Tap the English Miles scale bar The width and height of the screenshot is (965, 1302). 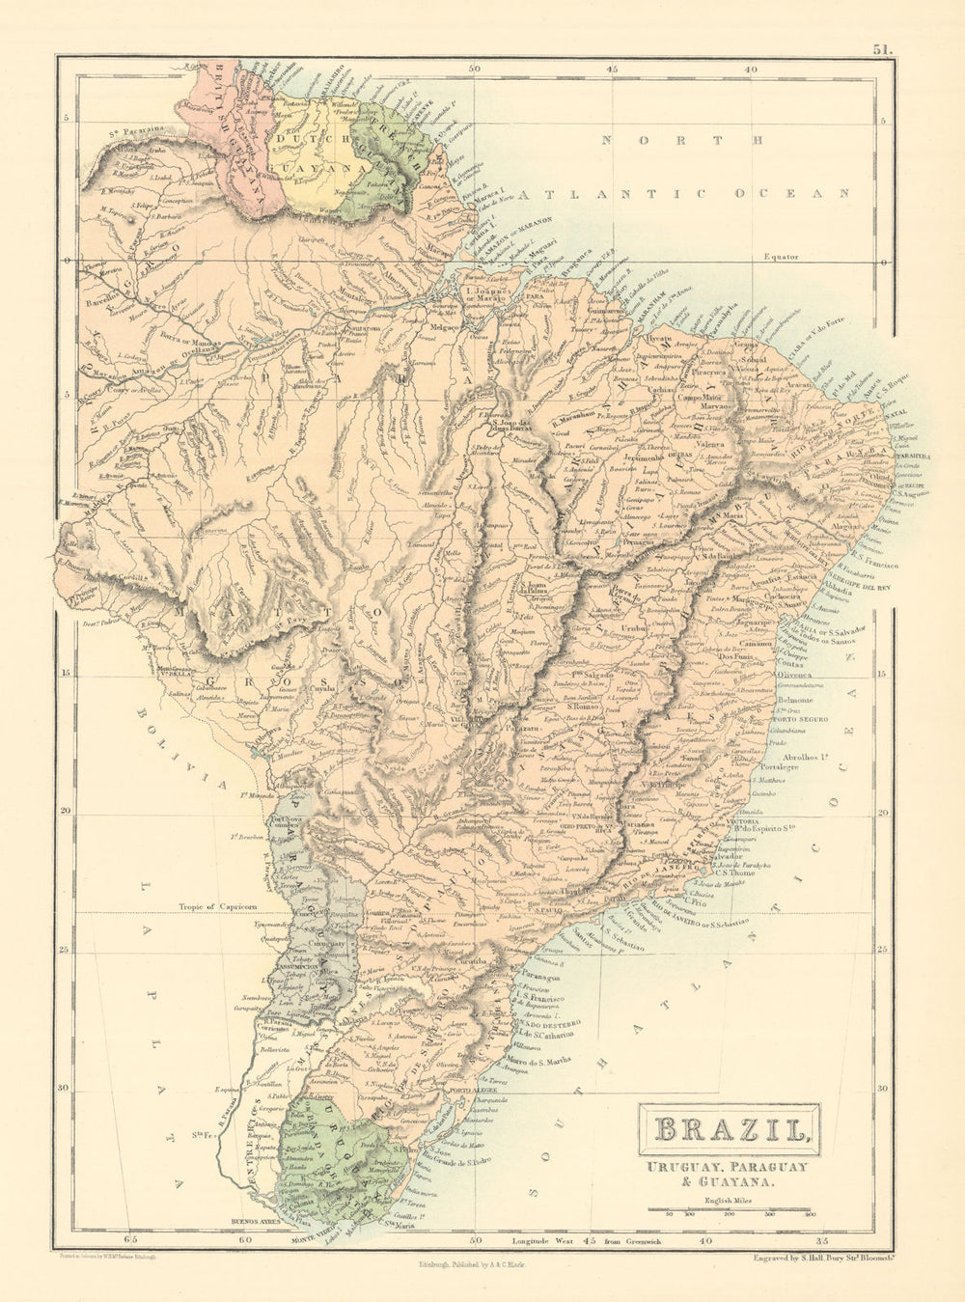[732, 1207]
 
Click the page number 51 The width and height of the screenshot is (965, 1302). [884, 47]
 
